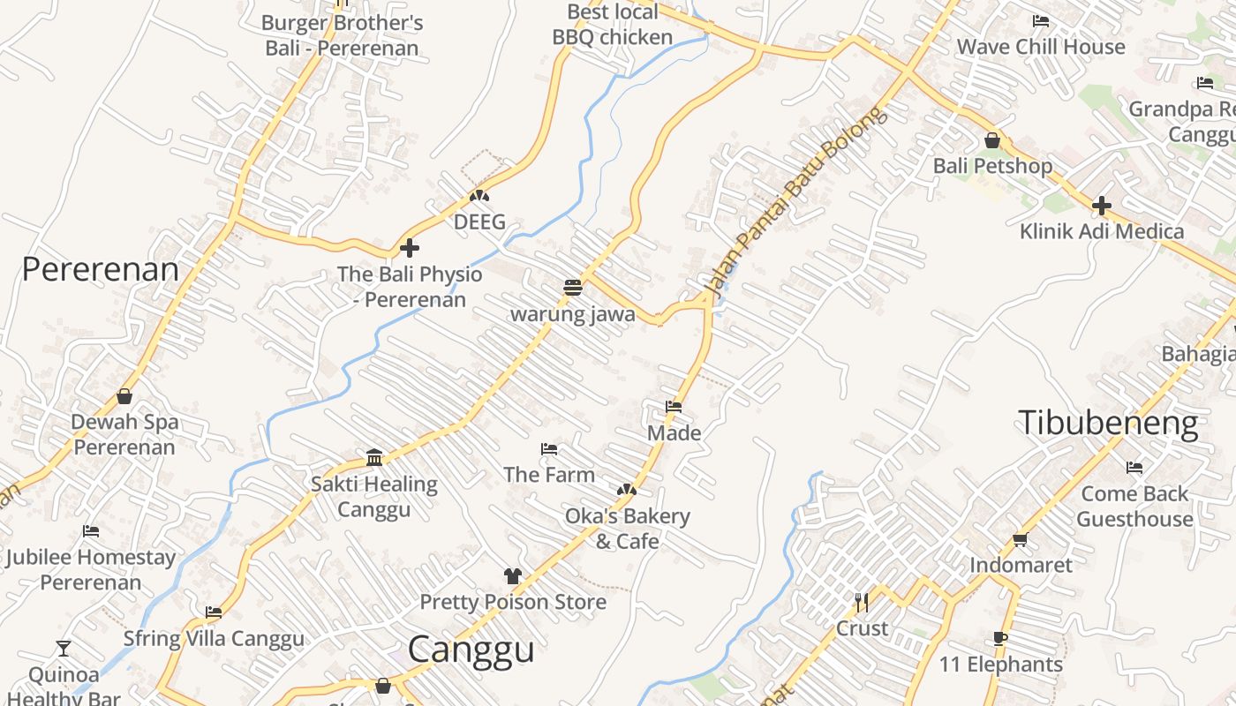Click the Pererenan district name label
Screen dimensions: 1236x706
[x=100, y=269]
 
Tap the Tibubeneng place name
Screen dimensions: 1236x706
[x=1108, y=423]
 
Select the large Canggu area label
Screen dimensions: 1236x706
[x=471, y=650]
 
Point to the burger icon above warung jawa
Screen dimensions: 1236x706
[x=573, y=288]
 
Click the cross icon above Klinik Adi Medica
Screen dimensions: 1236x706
[x=1101, y=207]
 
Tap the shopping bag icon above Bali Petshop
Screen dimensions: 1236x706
[x=992, y=140]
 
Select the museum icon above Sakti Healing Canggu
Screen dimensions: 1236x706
[x=374, y=457]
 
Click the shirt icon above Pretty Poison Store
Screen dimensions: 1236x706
[x=512, y=576]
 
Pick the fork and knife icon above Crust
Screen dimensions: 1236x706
[x=862, y=603]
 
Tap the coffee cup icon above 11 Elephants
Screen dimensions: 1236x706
[x=999, y=638]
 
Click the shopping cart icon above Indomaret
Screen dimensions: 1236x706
[x=1021, y=539]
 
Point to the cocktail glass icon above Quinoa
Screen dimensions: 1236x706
[x=63, y=649]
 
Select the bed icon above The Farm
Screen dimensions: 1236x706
[x=549, y=449]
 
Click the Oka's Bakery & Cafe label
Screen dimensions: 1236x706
[x=627, y=528]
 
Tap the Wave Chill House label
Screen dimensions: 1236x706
[x=1041, y=47]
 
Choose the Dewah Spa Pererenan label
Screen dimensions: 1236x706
[x=124, y=434]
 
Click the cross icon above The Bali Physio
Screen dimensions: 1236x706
[x=410, y=248]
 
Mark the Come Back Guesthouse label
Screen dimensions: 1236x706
[x=1134, y=506]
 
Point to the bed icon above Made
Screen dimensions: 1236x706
[x=674, y=407]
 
